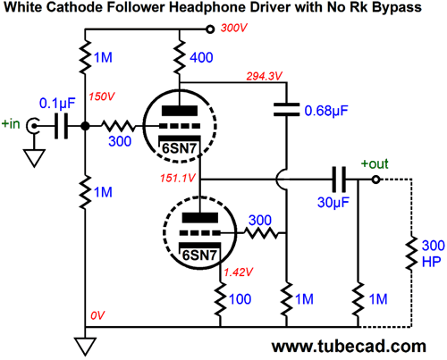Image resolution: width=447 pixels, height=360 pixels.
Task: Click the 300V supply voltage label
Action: (x=234, y=29)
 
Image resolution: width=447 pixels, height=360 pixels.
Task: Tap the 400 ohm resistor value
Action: (x=201, y=57)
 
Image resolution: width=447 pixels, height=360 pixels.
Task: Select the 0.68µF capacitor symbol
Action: (x=286, y=109)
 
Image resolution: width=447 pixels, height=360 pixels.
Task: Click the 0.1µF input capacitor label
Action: (x=57, y=104)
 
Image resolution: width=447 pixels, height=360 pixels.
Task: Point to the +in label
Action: (x=11, y=124)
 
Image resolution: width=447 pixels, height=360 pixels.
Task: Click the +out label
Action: (x=375, y=164)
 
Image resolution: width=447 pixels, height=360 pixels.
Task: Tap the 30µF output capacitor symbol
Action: (x=339, y=180)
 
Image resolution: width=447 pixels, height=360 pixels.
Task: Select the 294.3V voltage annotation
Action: (x=264, y=77)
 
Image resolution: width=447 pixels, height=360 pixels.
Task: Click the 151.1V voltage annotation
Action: (x=178, y=178)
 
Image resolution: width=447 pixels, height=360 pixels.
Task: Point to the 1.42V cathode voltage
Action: (x=239, y=272)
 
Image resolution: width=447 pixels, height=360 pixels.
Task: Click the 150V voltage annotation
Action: (x=102, y=96)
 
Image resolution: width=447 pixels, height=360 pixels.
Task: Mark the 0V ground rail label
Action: (x=97, y=315)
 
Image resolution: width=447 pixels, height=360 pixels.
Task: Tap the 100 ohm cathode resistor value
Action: (x=240, y=299)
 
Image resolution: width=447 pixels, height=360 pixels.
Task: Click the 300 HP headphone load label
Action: (x=433, y=254)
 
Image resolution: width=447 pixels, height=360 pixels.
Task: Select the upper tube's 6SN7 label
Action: (x=179, y=148)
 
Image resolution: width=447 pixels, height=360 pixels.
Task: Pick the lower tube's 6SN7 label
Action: (x=199, y=255)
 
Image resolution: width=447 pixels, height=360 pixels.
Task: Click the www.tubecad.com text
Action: (x=349, y=347)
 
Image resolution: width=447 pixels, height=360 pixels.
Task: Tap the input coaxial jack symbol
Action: (x=31, y=126)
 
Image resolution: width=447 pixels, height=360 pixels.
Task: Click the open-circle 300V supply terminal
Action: (x=210, y=29)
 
